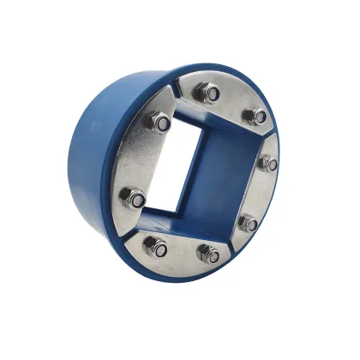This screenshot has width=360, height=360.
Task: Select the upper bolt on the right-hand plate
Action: coord(268,163)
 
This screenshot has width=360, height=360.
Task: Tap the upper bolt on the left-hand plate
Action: coord(159,122)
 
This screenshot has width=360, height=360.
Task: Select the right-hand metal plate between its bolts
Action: coord(260,193)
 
